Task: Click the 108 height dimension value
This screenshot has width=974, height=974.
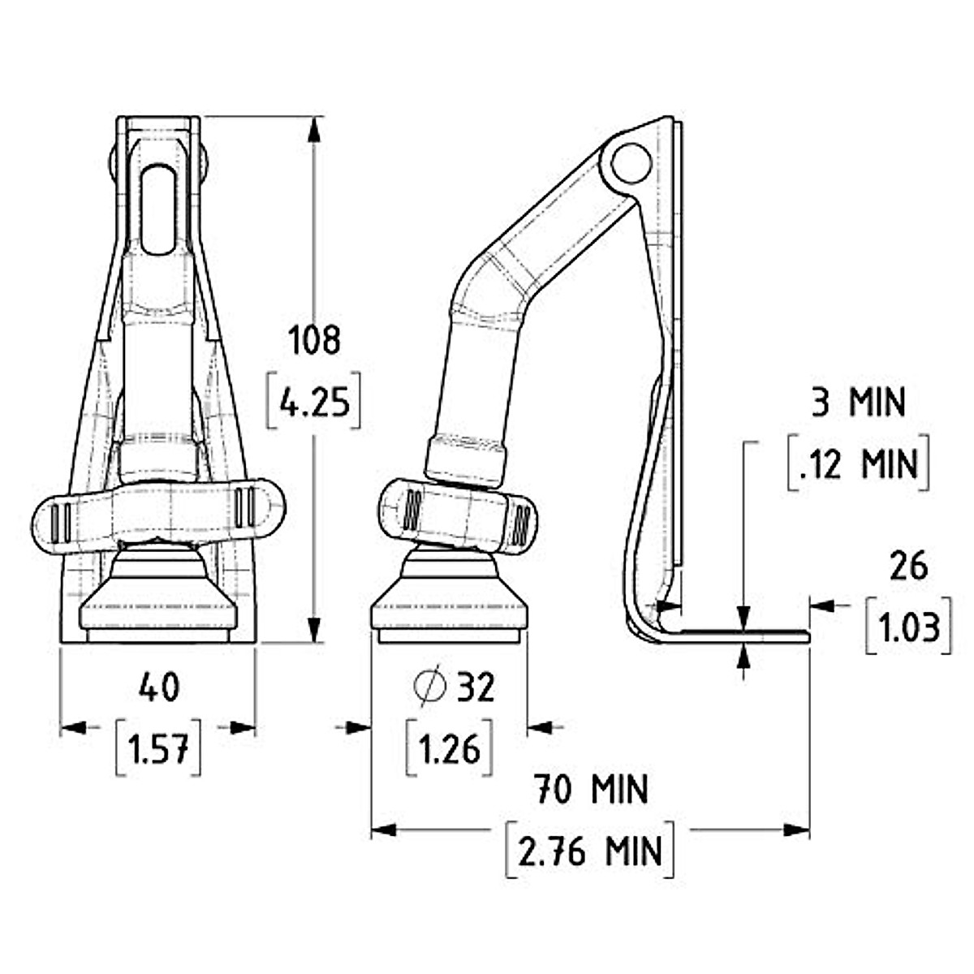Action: (316, 339)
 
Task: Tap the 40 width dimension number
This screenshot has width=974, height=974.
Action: (158, 688)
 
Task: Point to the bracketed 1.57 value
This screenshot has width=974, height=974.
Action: (158, 748)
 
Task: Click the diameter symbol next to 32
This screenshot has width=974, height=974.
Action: (430, 687)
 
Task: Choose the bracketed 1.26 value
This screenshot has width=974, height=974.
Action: (449, 748)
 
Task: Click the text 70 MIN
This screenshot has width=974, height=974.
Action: (590, 789)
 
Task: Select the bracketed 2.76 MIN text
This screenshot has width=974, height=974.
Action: (590, 851)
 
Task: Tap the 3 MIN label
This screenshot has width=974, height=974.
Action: (858, 403)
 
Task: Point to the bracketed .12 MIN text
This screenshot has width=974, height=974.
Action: (858, 465)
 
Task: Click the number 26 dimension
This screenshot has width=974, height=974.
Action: (908, 567)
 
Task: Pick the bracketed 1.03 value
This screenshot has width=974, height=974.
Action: (908, 627)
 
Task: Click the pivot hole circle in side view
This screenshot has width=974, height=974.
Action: (631, 162)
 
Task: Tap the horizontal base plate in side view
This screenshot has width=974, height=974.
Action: (743, 635)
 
